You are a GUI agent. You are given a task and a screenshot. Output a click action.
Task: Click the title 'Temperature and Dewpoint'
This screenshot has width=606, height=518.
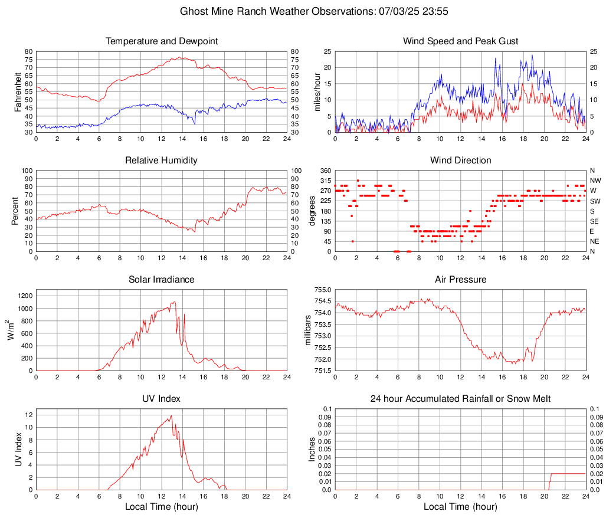tap(162, 41)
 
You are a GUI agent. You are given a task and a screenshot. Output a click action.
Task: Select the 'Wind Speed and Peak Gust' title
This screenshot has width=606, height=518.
tap(460, 41)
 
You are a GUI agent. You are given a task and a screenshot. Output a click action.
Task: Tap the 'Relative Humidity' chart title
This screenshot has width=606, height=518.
tap(162, 160)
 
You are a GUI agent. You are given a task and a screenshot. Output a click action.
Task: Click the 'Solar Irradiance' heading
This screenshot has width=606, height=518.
tap(162, 280)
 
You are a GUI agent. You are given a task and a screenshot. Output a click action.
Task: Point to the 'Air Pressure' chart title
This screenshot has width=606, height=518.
tap(460, 280)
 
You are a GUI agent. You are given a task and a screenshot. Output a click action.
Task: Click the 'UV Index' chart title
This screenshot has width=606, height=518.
tap(162, 399)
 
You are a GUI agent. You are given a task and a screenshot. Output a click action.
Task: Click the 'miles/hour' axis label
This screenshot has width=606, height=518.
tap(317, 91)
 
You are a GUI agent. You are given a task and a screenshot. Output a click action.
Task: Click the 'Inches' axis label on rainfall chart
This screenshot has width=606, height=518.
tap(312, 449)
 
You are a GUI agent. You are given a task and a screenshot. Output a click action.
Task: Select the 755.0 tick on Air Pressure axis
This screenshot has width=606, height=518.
tap(323, 290)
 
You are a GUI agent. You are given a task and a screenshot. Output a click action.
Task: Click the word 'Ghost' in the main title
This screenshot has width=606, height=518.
tap(194, 11)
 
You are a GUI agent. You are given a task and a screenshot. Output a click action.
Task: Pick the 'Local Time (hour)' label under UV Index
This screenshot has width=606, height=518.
tap(162, 507)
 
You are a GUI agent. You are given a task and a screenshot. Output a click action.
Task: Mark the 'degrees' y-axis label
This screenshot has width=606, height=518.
tap(312, 211)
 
